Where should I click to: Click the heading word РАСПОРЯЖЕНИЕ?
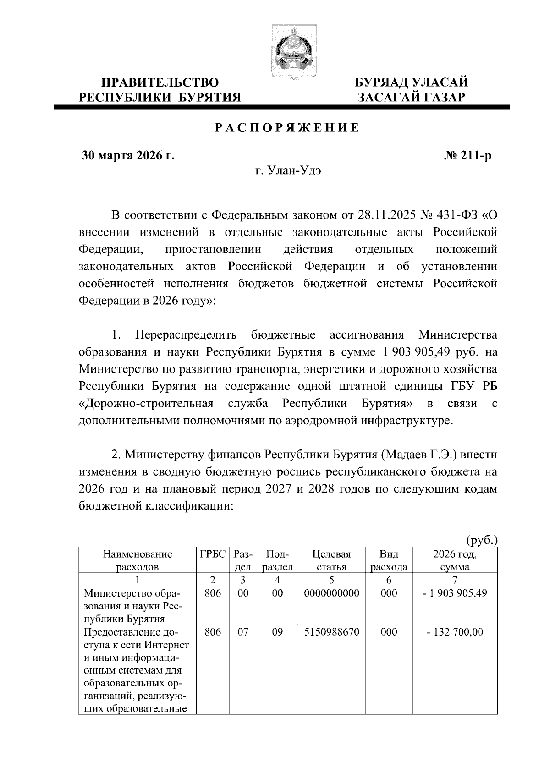tap(287, 128)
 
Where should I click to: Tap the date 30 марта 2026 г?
tap(128, 156)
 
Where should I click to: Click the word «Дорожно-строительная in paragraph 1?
tap(146, 404)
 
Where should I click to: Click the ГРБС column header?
tap(213, 554)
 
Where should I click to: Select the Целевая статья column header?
tap(331, 560)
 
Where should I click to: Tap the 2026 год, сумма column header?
tap(455, 560)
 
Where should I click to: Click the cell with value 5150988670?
tap(331, 632)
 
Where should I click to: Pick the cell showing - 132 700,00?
tap(455, 632)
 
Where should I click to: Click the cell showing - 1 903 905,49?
tap(455, 593)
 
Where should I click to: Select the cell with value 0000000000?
tap(331, 593)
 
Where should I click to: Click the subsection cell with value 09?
tap(277, 632)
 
